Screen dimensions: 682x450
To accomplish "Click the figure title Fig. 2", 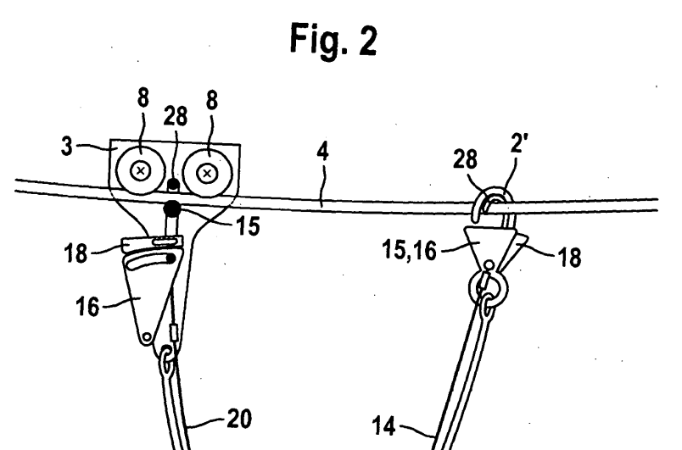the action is pos(333,40).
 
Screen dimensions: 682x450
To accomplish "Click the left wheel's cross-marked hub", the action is pos(141,171).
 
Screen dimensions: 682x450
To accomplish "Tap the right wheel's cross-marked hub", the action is pos(208,174).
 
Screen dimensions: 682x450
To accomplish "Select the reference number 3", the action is pos(66,147).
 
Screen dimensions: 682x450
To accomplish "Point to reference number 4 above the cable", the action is pos(322,152).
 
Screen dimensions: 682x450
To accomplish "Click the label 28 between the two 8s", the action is pos(176,116).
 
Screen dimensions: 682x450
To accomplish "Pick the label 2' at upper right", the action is pos(518,143).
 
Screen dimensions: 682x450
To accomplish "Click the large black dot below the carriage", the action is pos(172,209).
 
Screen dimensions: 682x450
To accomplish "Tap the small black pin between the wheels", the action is pos(174,184).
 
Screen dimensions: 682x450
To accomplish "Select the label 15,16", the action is pos(409,250).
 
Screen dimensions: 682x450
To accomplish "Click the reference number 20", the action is pos(239,419).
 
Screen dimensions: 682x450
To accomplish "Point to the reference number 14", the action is pos(384,425).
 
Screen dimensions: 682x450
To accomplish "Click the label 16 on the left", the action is pos(87,307).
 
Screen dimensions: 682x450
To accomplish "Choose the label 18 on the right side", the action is pos(569,258).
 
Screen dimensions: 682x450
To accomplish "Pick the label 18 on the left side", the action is pos(75,253).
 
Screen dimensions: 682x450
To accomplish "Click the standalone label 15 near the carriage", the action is pos(248,226).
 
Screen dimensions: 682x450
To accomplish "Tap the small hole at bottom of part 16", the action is pos(147,336).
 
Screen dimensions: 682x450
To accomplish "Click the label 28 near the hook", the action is pos(465,159).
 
